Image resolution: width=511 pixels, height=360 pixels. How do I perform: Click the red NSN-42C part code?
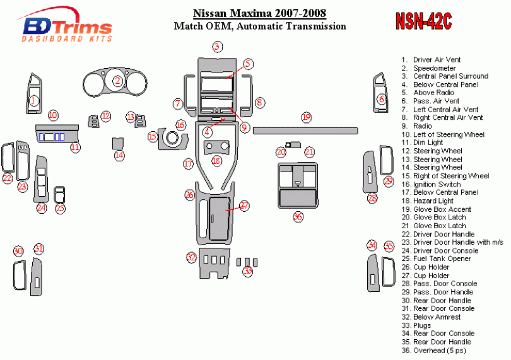[x=423, y=21]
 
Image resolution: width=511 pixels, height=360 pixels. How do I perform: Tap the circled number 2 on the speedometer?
[x=117, y=80]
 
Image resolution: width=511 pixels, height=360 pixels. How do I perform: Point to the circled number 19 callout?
[x=306, y=117]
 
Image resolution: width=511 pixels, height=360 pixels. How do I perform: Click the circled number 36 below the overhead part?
[x=298, y=216]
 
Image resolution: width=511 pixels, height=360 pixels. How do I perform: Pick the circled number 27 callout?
[x=244, y=206]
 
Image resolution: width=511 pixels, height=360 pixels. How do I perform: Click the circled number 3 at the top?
[x=217, y=46]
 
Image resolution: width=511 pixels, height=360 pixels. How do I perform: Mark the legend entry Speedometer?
[x=434, y=68]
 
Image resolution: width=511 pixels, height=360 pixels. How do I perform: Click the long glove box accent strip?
[x=305, y=132]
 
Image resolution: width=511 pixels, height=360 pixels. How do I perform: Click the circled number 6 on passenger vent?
[x=381, y=99]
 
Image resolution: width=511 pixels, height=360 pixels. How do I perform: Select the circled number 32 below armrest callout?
[x=191, y=257]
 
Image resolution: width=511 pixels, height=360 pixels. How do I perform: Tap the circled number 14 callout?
[x=119, y=155]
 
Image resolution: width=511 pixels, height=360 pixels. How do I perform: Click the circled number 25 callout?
[x=59, y=208]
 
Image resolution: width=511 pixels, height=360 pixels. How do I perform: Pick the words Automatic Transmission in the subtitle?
[x=309, y=26]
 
